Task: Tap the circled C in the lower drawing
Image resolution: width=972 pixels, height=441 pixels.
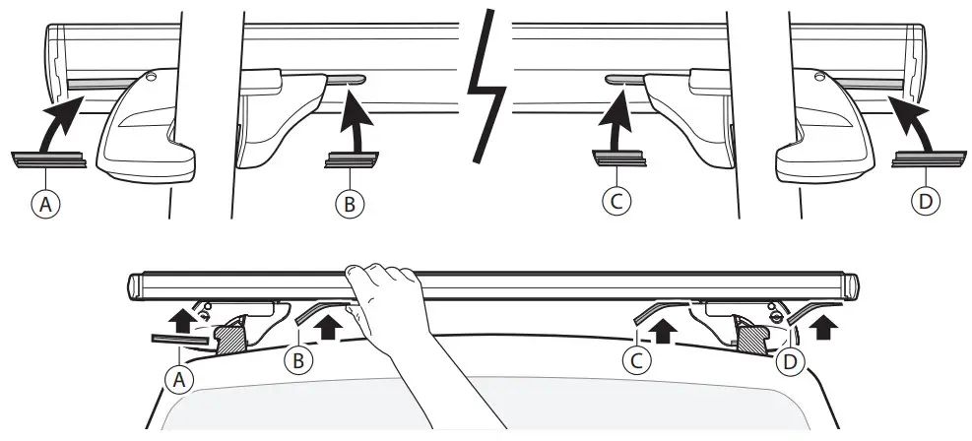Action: point(639,362)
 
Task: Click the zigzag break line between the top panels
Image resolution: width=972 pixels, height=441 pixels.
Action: point(487,84)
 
